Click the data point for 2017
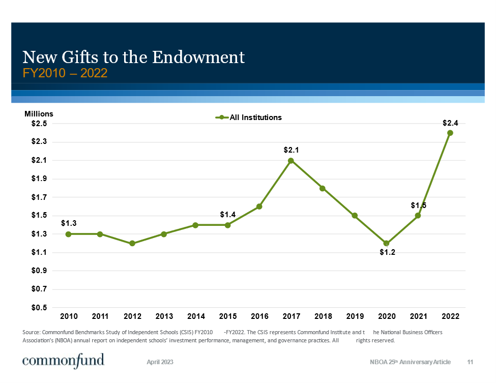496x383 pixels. [291, 161]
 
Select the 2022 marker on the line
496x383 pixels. [450, 133]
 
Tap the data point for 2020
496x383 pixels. [386, 243]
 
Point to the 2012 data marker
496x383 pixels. [132, 243]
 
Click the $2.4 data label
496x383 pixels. [450, 123]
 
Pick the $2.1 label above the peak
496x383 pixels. [291, 150]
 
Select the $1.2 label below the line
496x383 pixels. [387, 253]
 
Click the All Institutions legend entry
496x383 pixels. [255, 117]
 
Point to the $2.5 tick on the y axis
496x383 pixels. [39, 124]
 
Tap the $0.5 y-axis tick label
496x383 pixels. [39, 308]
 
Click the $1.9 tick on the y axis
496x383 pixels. [39, 179]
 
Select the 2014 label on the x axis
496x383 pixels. [196, 317]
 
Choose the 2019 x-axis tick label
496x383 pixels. [355, 317]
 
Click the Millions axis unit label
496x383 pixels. [39, 114]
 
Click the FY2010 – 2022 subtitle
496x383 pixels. [65, 73]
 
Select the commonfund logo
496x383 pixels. [64, 361]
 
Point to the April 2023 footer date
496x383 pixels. [160, 362]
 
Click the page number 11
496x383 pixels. [470, 362]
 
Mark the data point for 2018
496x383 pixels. [323, 188]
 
